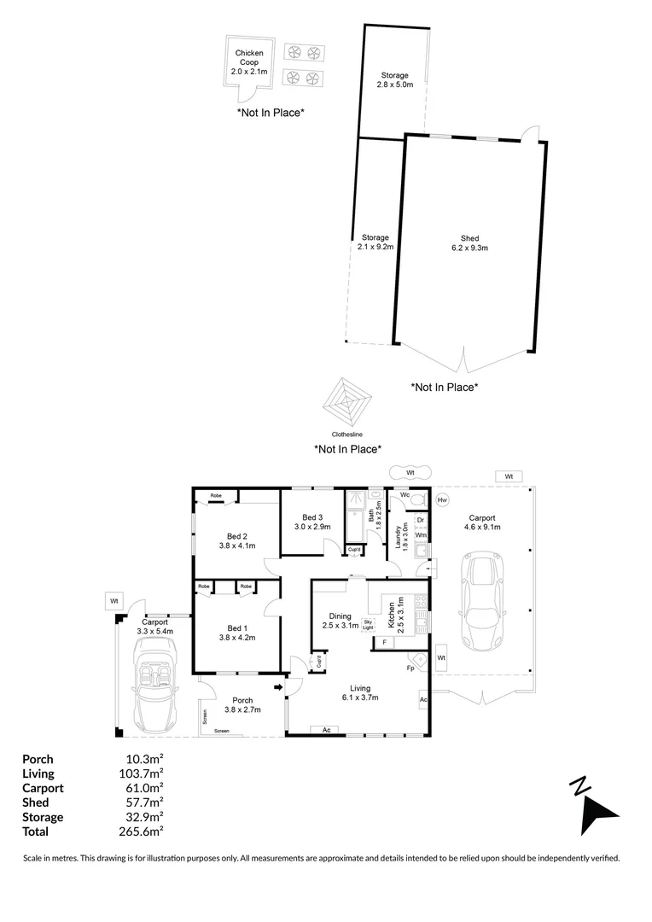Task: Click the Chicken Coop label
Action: coord(249,62)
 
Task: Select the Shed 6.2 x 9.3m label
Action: coord(469,243)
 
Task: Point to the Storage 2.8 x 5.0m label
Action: coord(395,80)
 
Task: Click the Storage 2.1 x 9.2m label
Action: coord(375,242)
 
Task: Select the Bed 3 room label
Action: coord(313,522)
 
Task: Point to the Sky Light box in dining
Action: coord(368,625)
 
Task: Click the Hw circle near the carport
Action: coord(442,500)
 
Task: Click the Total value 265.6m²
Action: coord(144,832)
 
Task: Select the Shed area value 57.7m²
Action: coord(144,802)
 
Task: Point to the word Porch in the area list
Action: coord(38,759)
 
